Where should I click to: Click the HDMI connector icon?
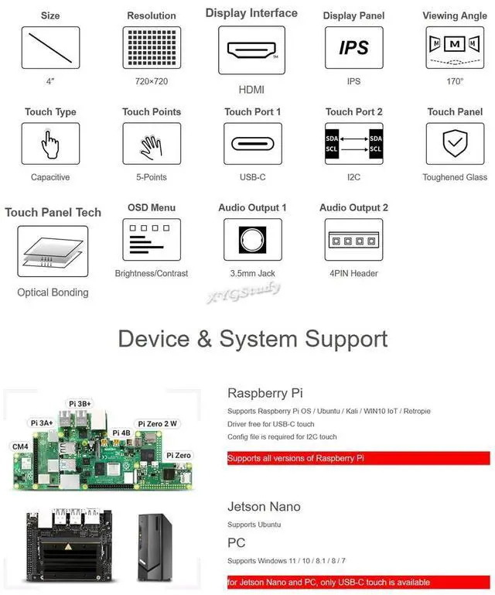(x=251, y=50)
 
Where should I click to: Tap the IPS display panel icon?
(x=353, y=48)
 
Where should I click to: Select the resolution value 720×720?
(x=152, y=81)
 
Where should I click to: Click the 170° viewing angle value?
(x=455, y=81)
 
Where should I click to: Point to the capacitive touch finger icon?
(x=50, y=144)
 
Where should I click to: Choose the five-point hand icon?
(x=152, y=144)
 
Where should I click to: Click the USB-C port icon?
(x=252, y=144)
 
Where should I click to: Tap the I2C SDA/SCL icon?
(x=353, y=144)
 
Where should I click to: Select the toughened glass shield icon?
(x=455, y=144)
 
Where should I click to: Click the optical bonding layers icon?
(x=53, y=251)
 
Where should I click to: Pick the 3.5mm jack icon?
(x=252, y=239)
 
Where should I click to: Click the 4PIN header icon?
(x=353, y=239)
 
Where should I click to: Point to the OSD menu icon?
(x=152, y=239)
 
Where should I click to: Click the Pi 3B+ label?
(x=80, y=404)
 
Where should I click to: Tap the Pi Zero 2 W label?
(x=157, y=423)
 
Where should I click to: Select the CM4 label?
(x=20, y=446)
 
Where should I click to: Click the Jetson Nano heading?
(x=264, y=507)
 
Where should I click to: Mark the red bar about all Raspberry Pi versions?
(x=358, y=458)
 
